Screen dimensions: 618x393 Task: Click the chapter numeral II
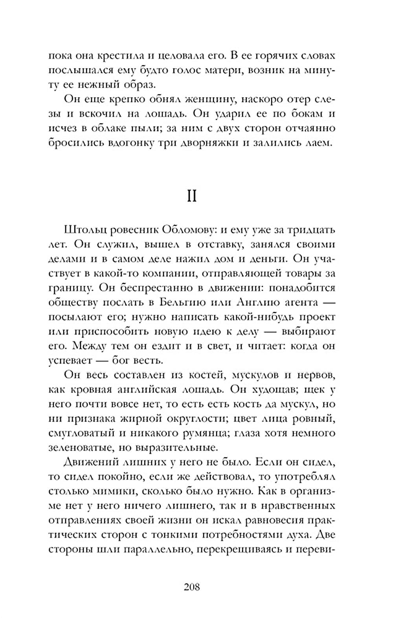tap(192, 196)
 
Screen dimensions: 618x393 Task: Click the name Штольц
tap(84, 230)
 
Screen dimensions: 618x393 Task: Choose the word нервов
tap(316, 375)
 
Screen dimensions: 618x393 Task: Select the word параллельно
tap(157, 549)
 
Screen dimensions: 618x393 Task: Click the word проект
tap(316, 317)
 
